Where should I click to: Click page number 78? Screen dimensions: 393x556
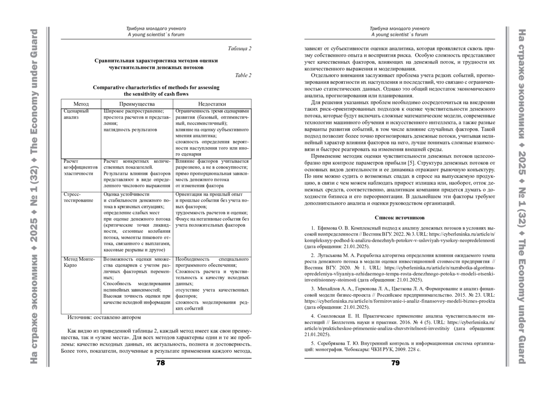click(x=160, y=363)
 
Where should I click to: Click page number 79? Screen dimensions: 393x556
click(x=395, y=363)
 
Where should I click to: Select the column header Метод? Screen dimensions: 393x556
click(x=81, y=104)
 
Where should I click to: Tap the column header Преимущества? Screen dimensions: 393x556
click(x=137, y=104)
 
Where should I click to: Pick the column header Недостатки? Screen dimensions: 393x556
click(x=212, y=104)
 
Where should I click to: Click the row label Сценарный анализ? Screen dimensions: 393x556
click(x=76, y=114)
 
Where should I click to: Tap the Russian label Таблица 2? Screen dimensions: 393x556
click(x=240, y=48)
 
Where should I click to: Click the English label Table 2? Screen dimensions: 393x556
click(x=243, y=75)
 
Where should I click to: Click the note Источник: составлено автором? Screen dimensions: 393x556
click(x=104, y=318)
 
